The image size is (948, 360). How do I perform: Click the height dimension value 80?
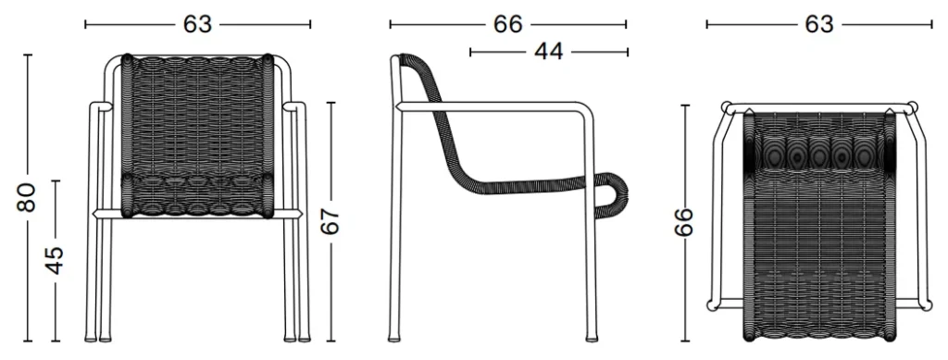click(x=27, y=197)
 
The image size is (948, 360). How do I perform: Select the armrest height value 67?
click(x=331, y=222)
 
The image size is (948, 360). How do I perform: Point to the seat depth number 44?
click(x=548, y=52)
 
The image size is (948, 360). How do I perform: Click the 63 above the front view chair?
click(x=198, y=24)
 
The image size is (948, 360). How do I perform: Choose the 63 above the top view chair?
click(x=818, y=24)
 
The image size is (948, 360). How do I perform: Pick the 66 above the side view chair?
click(x=508, y=24)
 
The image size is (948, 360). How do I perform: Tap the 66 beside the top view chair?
click(x=684, y=223)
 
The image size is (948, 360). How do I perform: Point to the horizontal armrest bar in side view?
click(x=490, y=106)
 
